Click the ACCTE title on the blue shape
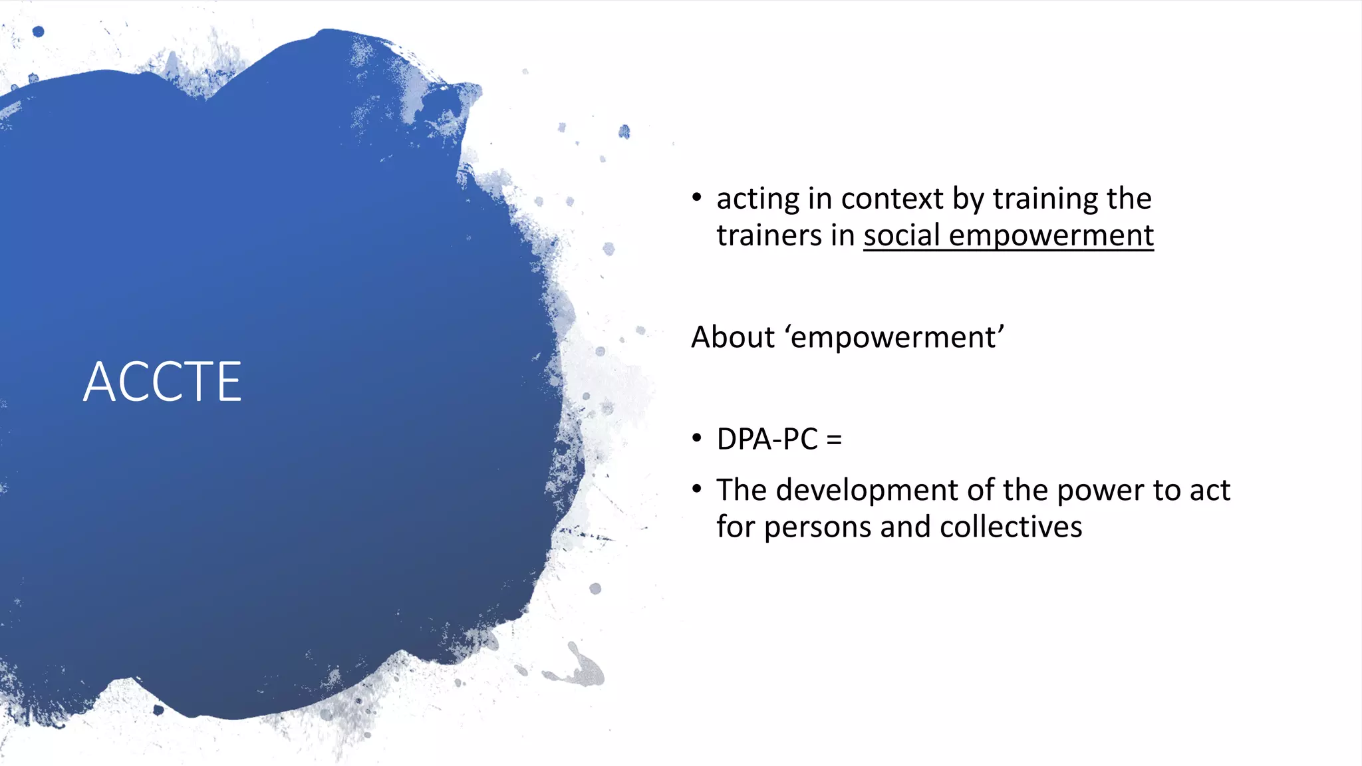[162, 382]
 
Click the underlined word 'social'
[901, 235]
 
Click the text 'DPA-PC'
[767, 440]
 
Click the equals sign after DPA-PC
[834, 440]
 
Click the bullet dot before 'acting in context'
[696, 197]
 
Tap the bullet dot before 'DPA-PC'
[696, 438]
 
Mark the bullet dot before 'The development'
[696, 489]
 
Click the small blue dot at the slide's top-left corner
[38, 31]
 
